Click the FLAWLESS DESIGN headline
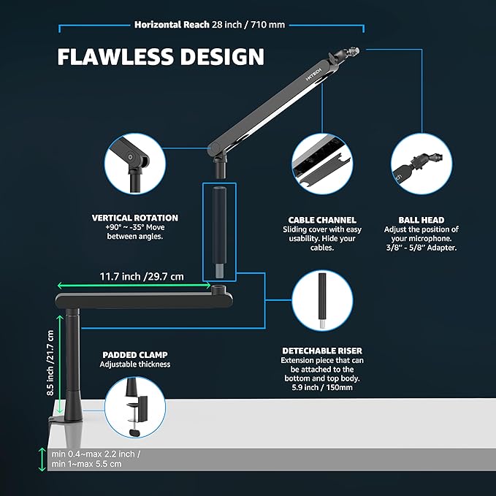161,57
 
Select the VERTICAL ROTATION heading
135,218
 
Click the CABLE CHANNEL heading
322,220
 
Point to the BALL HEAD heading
421,220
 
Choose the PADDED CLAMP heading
135,355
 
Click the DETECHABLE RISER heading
322,351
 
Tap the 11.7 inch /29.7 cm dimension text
142,276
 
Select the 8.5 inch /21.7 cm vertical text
50,363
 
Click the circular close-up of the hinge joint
135,164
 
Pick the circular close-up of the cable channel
322,164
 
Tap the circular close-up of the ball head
421,164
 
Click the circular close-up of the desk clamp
135,407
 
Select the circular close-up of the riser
322,300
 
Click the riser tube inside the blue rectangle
219,232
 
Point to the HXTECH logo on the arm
314,75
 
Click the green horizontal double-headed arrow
134,286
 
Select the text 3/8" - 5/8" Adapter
421,248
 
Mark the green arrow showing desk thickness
42,459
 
